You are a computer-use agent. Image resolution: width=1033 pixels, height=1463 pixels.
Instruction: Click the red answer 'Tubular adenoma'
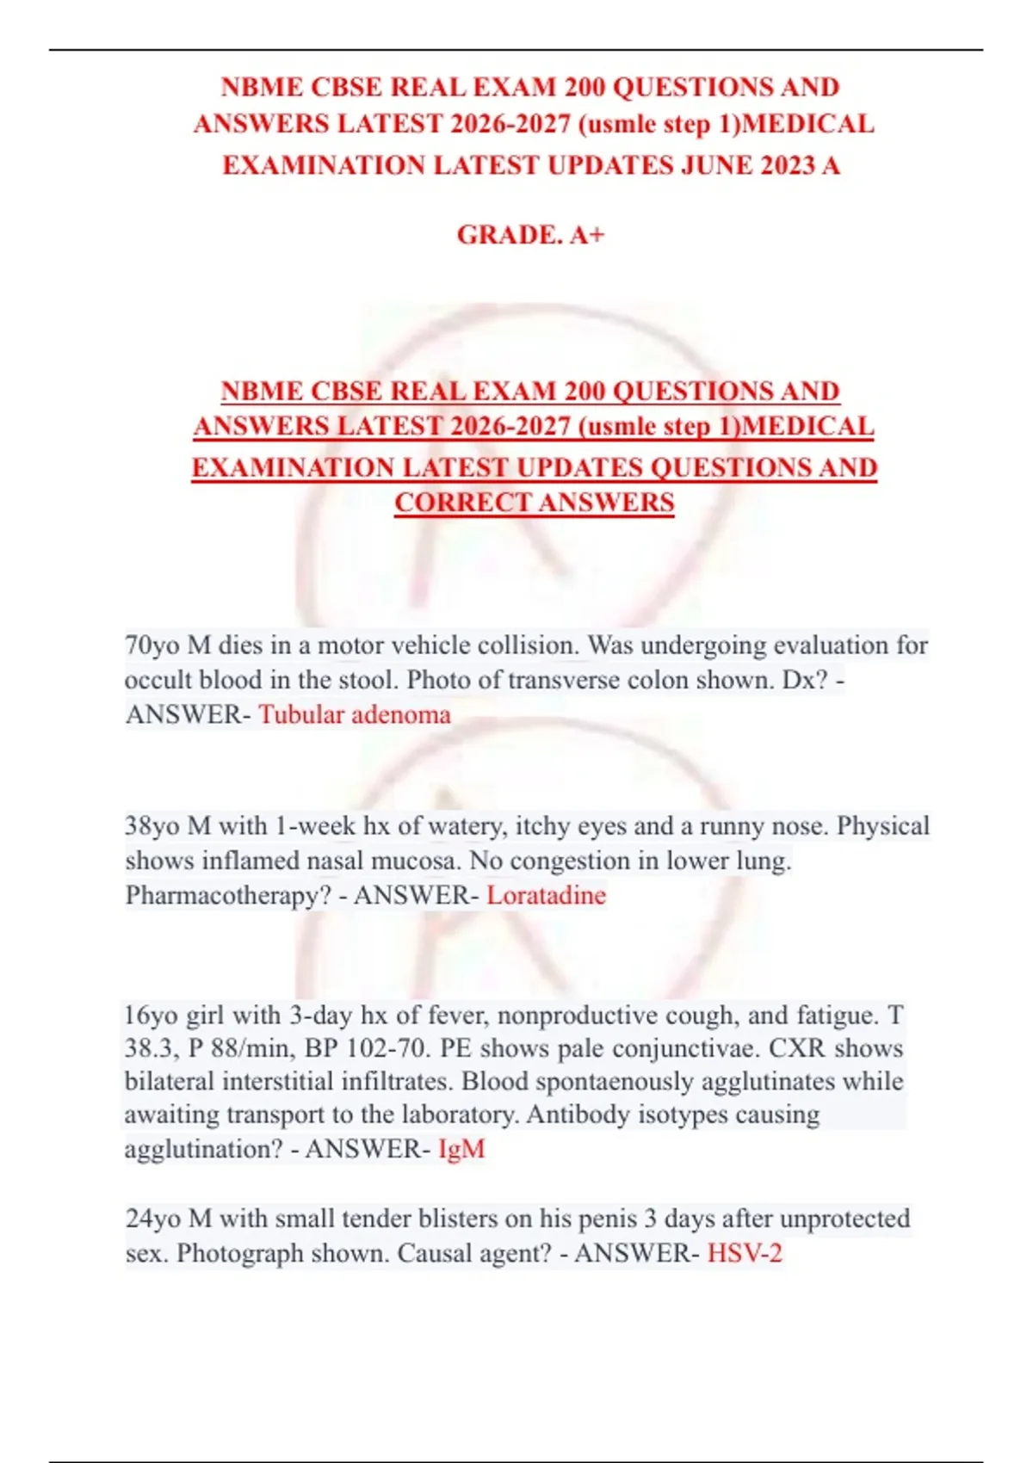[x=355, y=714]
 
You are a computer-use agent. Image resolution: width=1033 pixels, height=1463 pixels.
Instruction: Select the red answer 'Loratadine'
[x=546, y=895]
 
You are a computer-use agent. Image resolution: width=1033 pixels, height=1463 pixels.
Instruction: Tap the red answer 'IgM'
[x=461, y=1149]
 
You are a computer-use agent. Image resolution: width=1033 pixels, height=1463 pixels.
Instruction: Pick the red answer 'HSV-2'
[x=745, y=1253]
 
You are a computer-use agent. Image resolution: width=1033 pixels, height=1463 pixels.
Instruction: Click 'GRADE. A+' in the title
[x=530, y=234]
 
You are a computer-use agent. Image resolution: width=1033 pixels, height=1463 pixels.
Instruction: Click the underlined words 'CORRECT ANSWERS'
[x=534, y=503]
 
